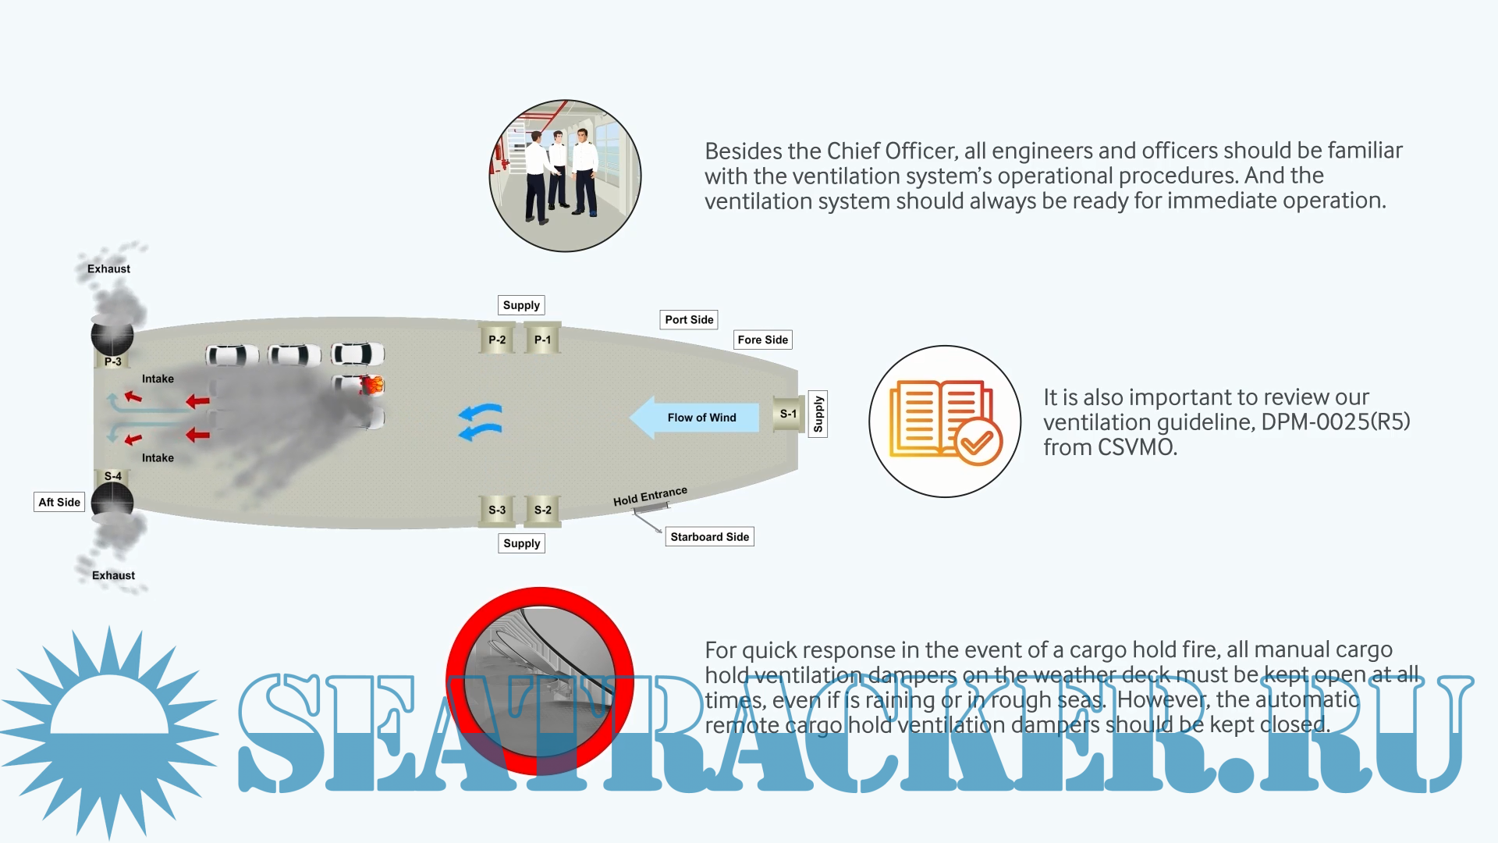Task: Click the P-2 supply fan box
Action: coord(497,340)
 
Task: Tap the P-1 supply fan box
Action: coord(542,340)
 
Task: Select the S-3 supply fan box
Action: coord(497,510)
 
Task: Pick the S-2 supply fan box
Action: coord(543,510)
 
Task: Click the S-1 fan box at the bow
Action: coord(789,414)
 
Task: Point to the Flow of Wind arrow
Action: coord(694,418)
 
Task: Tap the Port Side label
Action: coord(689,319)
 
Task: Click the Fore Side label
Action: coord(762,340)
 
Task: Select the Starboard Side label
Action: coord(709,536)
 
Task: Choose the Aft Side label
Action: coord(59,502)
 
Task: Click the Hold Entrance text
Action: coord(650,496)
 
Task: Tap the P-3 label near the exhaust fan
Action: coord(113,361)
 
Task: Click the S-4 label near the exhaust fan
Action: coord(113,475)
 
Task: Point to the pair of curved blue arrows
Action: coord(481,421)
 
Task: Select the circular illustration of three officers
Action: coord(565,176)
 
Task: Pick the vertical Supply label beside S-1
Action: coord(818,414)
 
